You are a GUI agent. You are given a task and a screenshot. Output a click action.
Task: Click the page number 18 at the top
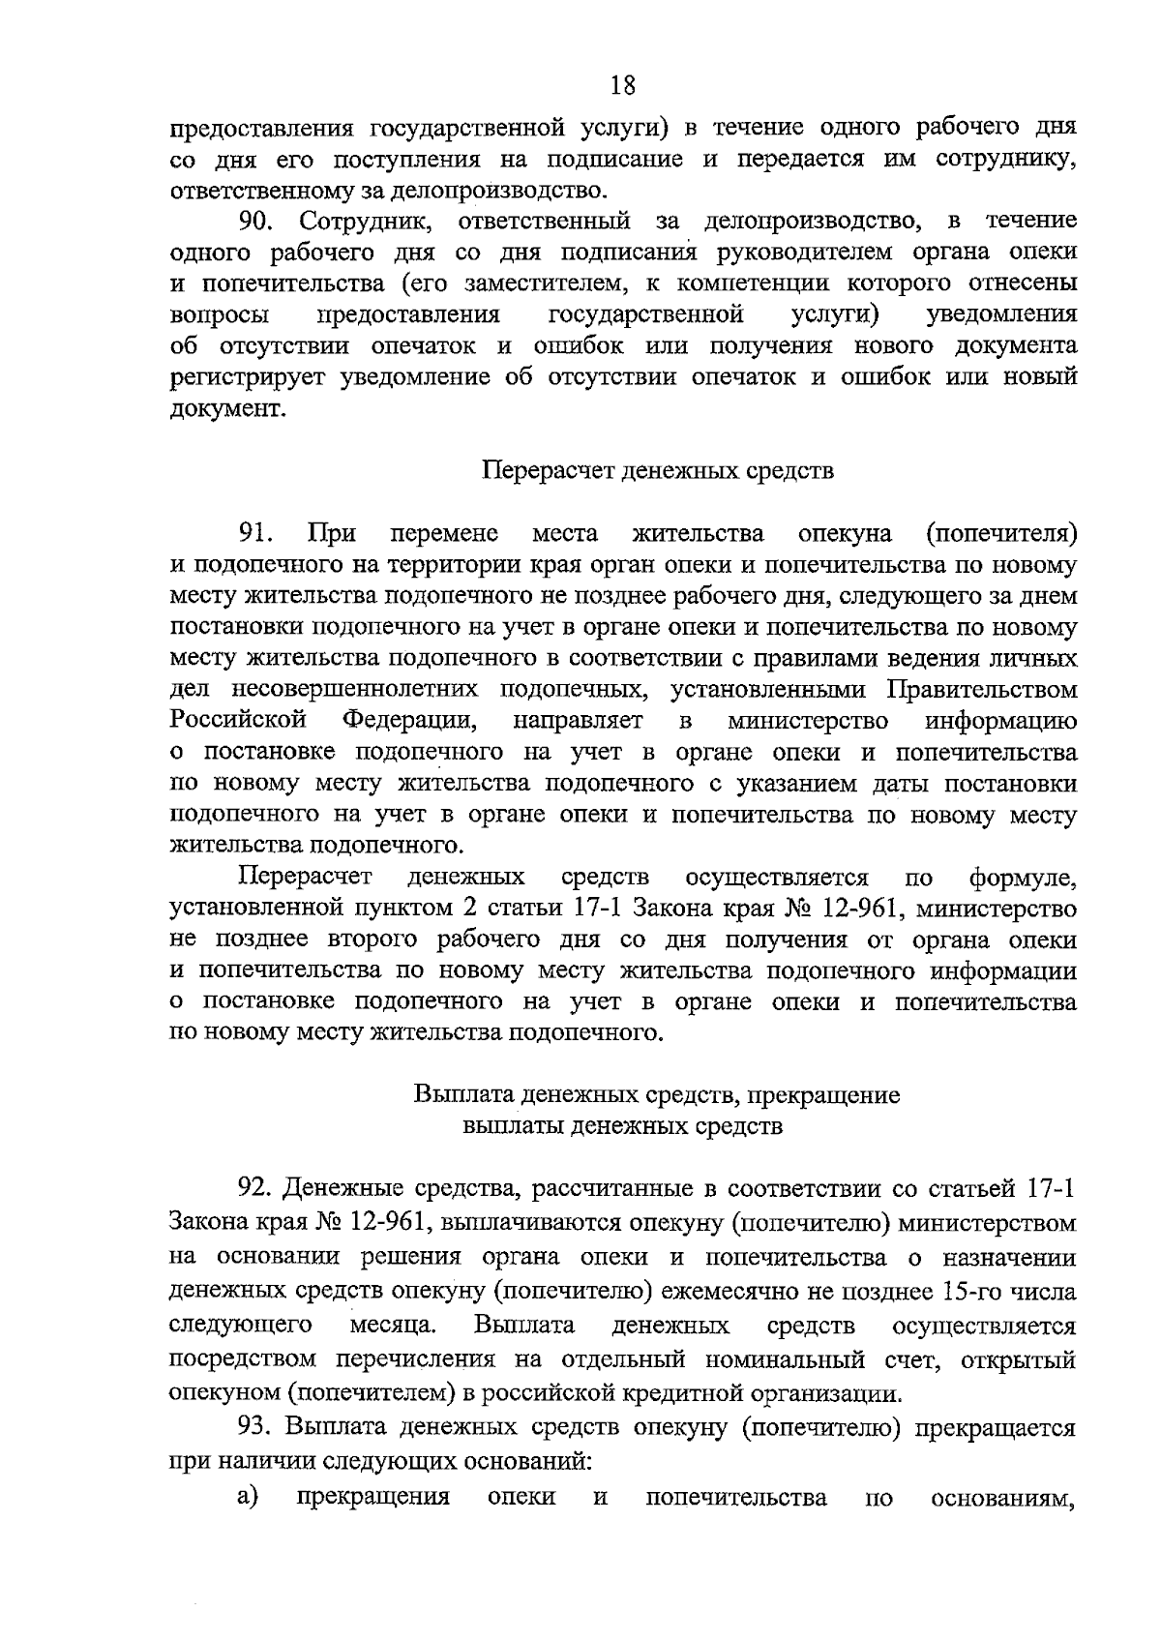623,86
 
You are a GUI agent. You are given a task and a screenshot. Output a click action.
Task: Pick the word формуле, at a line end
1022,879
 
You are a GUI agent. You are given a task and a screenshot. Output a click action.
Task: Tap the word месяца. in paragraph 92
391,1325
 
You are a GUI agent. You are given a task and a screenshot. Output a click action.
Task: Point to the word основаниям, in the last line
1003,1499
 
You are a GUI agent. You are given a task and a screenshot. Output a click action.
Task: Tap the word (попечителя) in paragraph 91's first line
1000,533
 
